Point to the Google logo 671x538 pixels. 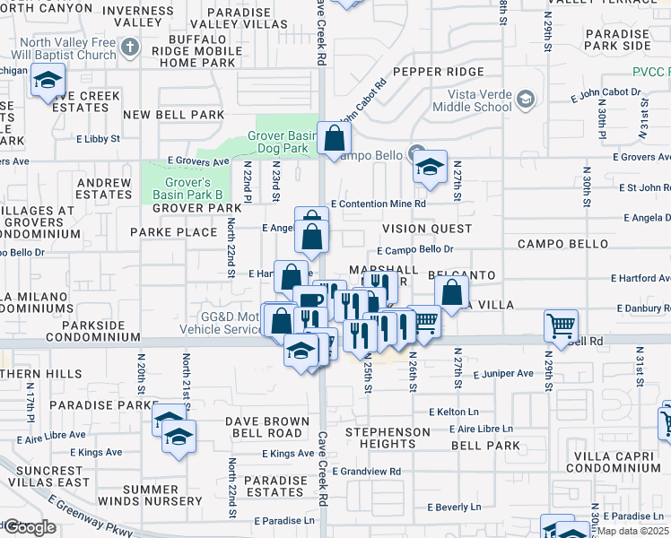[29, 526]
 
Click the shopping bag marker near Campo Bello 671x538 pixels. [334, 139]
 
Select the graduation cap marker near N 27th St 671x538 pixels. [430, 167]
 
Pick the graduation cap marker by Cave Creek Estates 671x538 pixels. [46, 82]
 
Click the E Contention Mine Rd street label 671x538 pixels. [378, 204]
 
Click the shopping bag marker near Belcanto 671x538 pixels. [452, 292]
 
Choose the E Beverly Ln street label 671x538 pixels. [459, 508]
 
